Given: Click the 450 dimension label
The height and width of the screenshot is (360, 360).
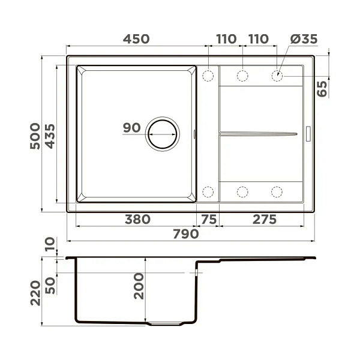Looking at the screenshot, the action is [x=136, y=39].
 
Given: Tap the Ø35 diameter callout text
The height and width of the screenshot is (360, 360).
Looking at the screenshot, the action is [x=304, y=39].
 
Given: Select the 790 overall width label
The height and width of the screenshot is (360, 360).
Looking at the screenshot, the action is [x=186, y=234].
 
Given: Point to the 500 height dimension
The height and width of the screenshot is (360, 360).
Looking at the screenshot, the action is [x=35, y=136].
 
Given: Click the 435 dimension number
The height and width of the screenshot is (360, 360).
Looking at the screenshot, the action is [x=50, y=136].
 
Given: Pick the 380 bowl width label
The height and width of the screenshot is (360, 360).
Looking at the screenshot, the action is [x=138, y=219].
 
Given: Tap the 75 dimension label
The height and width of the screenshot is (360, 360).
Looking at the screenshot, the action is [x=209, y=219].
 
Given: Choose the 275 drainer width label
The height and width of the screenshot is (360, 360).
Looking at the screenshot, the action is [x=265, y=219].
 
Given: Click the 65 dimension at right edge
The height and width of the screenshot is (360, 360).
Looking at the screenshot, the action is [x=322, y=89].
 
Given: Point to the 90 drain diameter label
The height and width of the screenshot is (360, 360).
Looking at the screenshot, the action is [x=132, y=128].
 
